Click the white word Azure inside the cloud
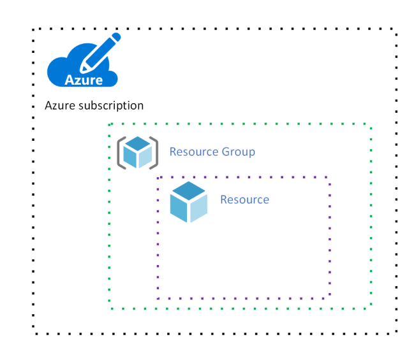pos(84,80)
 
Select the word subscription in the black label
pos(112,106)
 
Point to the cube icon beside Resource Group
pos(138,153)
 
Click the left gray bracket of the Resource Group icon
pos(120,153)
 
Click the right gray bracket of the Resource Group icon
pos(155,153)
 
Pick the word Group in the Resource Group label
pos(238,152)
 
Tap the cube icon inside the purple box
pos(189,201)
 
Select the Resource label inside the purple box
pos(244,199)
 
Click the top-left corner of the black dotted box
pos(33,29)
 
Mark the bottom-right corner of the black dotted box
pos(397,333)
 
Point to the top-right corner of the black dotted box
pos(397,29)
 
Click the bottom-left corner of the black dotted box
pos(33,333)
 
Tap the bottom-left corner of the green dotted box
pos(110,308)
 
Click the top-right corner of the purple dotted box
pos(330,177)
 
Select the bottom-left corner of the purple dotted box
pos(158,298)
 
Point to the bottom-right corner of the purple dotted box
pos(330,298)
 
